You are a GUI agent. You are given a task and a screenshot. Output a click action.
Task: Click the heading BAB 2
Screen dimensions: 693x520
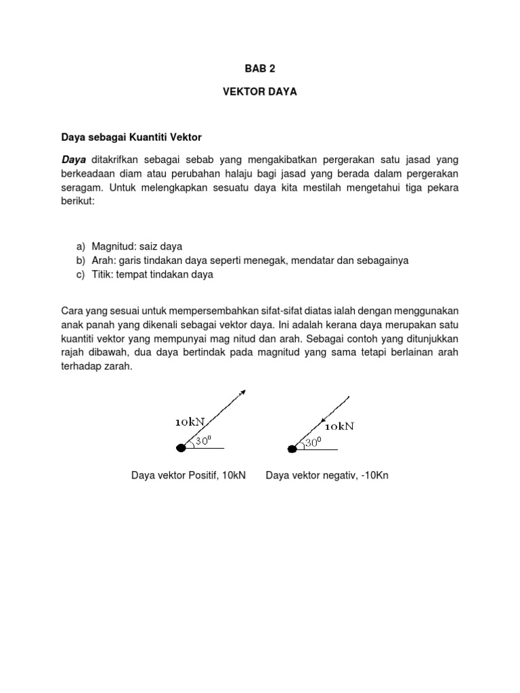pos(260,69)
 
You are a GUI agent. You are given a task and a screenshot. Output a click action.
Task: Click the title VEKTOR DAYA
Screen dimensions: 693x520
pos(260,91)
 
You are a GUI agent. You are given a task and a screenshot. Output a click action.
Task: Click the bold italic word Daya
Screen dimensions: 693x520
pos(74,160)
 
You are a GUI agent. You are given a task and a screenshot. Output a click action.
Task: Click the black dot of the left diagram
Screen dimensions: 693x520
pos(181,448)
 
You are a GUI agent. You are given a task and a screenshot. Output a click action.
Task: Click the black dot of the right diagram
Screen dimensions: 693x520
pos(293,448)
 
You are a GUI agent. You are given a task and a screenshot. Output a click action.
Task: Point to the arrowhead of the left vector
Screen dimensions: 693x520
pos(242,392)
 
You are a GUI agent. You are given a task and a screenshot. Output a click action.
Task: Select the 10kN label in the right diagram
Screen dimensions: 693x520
pos(339,427)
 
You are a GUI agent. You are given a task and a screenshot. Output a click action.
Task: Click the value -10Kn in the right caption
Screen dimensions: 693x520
pos(374,476)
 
